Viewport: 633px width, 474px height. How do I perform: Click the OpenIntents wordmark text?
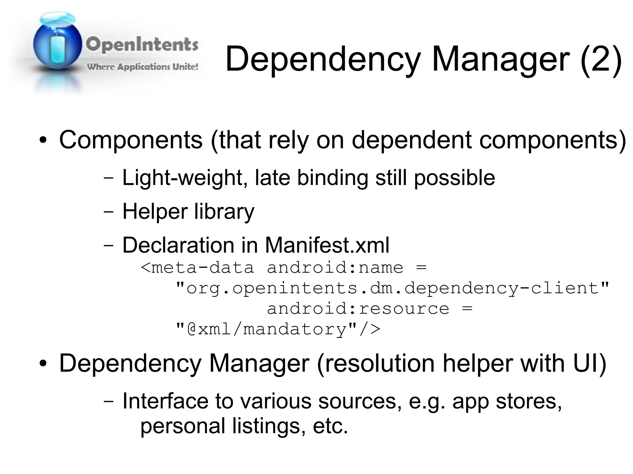point(142,45)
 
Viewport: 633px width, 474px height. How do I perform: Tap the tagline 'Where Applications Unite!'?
point(142,67)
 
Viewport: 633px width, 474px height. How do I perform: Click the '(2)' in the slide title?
point(601,59)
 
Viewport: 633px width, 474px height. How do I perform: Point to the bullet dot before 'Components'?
point(43,141)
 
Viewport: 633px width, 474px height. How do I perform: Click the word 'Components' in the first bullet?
point(131,140)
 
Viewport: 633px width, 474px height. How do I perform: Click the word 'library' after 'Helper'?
point(224,212)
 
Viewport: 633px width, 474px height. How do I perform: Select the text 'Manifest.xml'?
point(327,245)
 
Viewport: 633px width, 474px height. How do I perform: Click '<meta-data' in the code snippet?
point(197,267)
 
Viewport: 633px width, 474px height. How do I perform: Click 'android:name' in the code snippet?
point(335,267)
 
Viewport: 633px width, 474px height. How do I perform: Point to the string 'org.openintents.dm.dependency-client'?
point(392,288)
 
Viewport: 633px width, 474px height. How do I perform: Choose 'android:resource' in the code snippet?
point(358,308)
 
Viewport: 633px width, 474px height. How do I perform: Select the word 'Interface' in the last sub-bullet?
point(165,401)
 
